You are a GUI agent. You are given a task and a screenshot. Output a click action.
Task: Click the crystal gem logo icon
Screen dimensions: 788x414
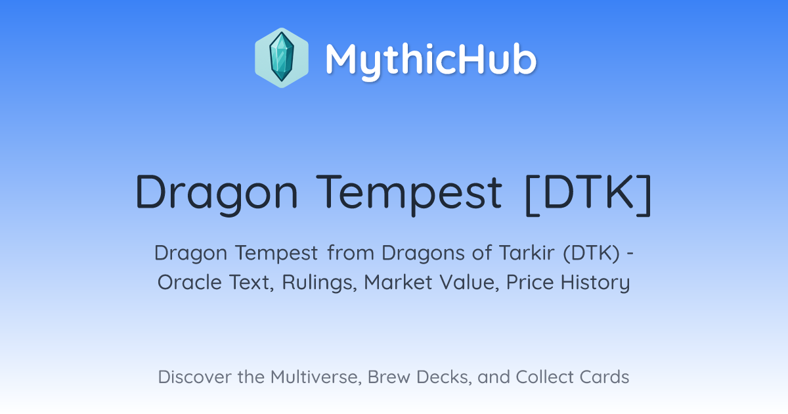pyautogui.click(x=282, y=58)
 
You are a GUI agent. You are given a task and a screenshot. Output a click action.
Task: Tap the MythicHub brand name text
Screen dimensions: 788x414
pyautogui.click(x=431, y=60)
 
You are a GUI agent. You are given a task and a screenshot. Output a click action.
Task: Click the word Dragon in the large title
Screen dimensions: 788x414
pyautogui.click(x=217, y=194)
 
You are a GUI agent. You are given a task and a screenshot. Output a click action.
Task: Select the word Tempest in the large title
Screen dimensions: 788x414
pyautogui.click(x=408, y=194)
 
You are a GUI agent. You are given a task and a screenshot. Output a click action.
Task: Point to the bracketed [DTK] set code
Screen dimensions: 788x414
pyautogui.click(x=588, y=194)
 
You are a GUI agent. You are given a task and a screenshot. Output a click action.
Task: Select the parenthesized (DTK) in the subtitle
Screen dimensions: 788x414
pyautogui.click(x=592, y=253)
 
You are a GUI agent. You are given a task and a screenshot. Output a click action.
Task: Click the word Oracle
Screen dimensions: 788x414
pyautogui.click(x=190, y=282)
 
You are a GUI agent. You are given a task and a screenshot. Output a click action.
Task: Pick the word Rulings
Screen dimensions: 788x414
pyautogui.click(x=319, y=283)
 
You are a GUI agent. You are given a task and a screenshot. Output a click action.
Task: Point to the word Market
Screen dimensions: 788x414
pyautogui.click(x=398, y=282)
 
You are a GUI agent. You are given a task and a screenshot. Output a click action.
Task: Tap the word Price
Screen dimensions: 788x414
pyautogui.click(x=530, y=282)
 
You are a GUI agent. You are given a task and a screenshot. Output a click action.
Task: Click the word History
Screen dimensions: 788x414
pyautogui.click(x=595, y=283)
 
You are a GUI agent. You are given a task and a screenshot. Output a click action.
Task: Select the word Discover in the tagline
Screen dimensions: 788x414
pyautogui.click(x=194, y=377)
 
